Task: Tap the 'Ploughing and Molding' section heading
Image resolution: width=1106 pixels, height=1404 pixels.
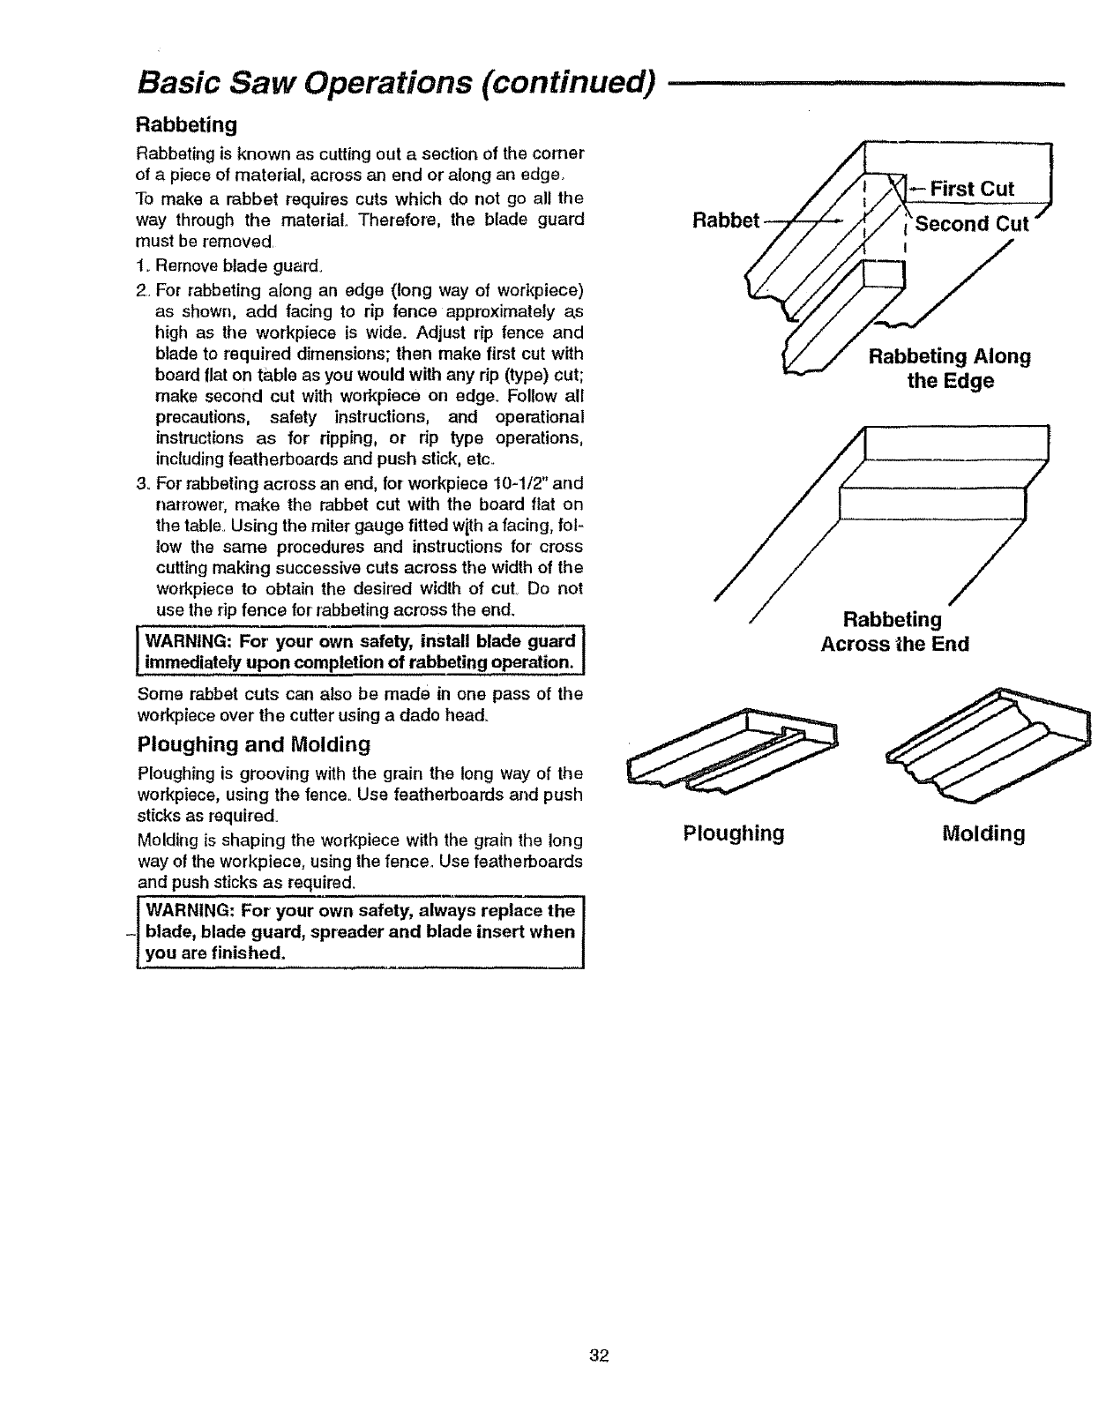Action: (x=254, y=744)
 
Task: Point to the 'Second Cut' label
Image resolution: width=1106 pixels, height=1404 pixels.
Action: (x=971, y=223)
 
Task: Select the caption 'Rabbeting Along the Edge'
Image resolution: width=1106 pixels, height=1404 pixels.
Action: (x=950, y=369)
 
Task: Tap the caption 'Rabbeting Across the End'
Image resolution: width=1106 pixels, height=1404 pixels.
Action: (x=894, y=631)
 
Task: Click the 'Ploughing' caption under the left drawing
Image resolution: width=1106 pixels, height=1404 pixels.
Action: (x=734, y=833)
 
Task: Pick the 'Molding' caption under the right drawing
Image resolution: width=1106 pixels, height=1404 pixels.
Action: (x=983, y=833)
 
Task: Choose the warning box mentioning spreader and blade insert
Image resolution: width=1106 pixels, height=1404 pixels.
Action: (x=360, y=932)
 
